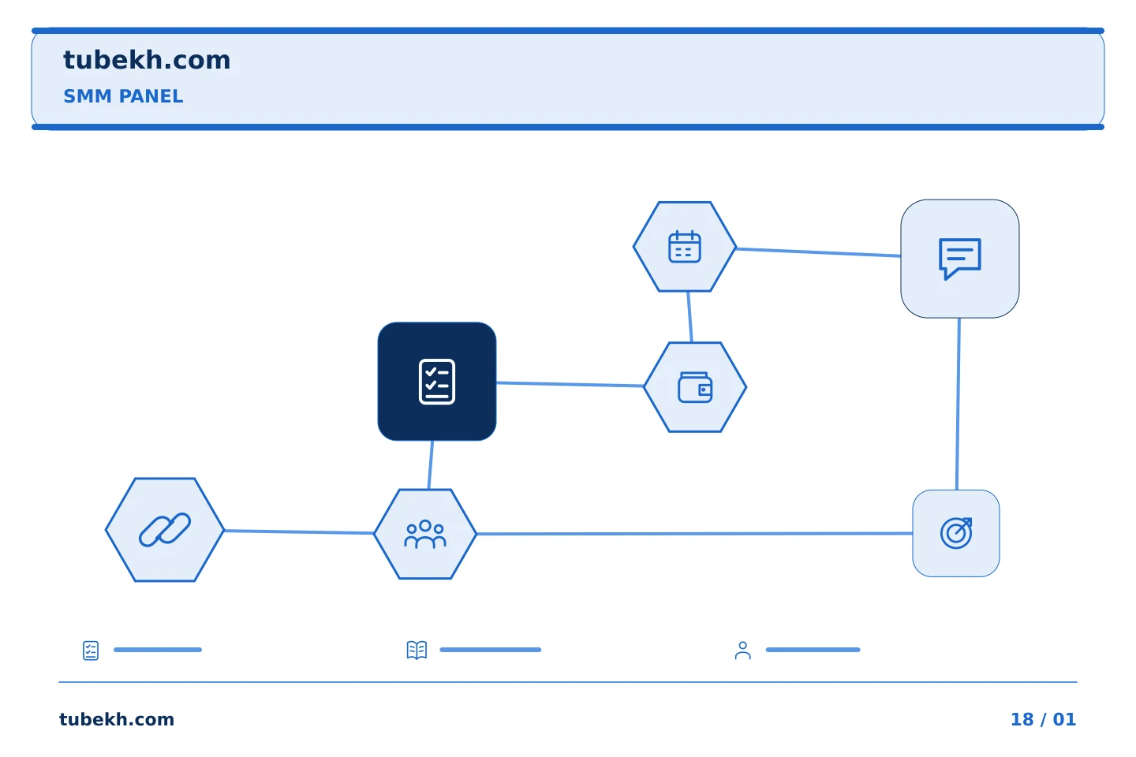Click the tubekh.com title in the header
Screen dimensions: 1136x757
tap(147, 60)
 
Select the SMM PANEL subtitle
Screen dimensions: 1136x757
tap(123, 96)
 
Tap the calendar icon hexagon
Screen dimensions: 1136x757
tap(685, 247)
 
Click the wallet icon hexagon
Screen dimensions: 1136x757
tap(695, 387)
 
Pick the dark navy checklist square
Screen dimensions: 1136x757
tap(437, 382)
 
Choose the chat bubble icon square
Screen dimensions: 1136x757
tap(960, 259)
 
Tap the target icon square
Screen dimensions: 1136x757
tap(956, 533)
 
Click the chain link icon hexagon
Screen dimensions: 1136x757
tap(165, 530)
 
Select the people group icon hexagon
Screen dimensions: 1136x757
tap(425, 534)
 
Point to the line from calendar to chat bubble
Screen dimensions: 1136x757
tap(819, 252)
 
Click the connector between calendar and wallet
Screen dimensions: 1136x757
tap(689, 317)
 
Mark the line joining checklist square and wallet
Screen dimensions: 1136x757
tap(570, 384)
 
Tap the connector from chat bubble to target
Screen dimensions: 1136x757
tap(958, 404)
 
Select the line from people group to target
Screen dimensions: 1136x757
tap(694, 533)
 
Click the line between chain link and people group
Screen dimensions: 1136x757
tap(299, 532)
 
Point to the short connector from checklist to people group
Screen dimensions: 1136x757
tap(431, 465)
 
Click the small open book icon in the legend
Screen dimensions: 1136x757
tap(417, 650)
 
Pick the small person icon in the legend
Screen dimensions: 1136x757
tap(742, 651)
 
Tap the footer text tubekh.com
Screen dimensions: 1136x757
tap(117, 719)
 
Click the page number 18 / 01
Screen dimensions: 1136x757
tap(1043, 719)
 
